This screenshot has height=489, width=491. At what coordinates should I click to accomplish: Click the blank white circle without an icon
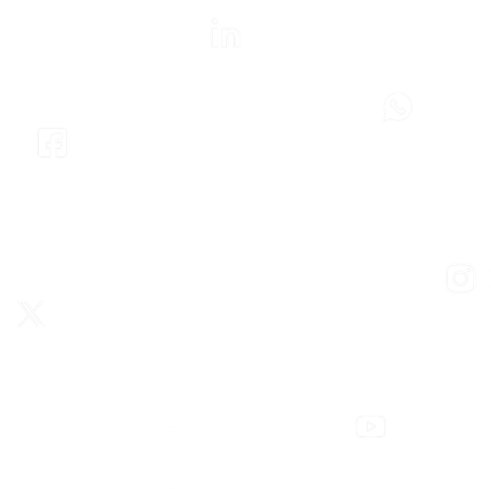point(171,457)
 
